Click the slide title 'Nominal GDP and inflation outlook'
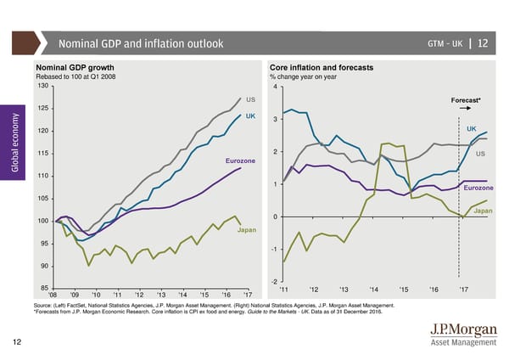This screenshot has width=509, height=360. tap(141, 43)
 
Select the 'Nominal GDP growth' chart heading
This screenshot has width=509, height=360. tap(75, 67)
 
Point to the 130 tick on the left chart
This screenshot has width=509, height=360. tap(42, 85)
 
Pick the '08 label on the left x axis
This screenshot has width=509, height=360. tap(54, 295)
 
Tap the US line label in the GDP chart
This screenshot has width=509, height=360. tap(251, 100)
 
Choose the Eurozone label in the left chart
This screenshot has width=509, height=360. tap(241, 161)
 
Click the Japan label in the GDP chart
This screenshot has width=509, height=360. tap(247, 230)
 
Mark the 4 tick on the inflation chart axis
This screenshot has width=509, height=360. tap(277, 85)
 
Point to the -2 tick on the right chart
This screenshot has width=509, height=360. tap(275, 281)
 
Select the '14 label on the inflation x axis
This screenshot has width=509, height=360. tap(375, 289)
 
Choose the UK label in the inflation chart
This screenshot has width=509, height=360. tap(472, 128)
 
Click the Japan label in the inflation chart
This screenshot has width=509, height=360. tap(483, 211)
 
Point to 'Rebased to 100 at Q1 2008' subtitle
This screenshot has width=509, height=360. tap(80, 76)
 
